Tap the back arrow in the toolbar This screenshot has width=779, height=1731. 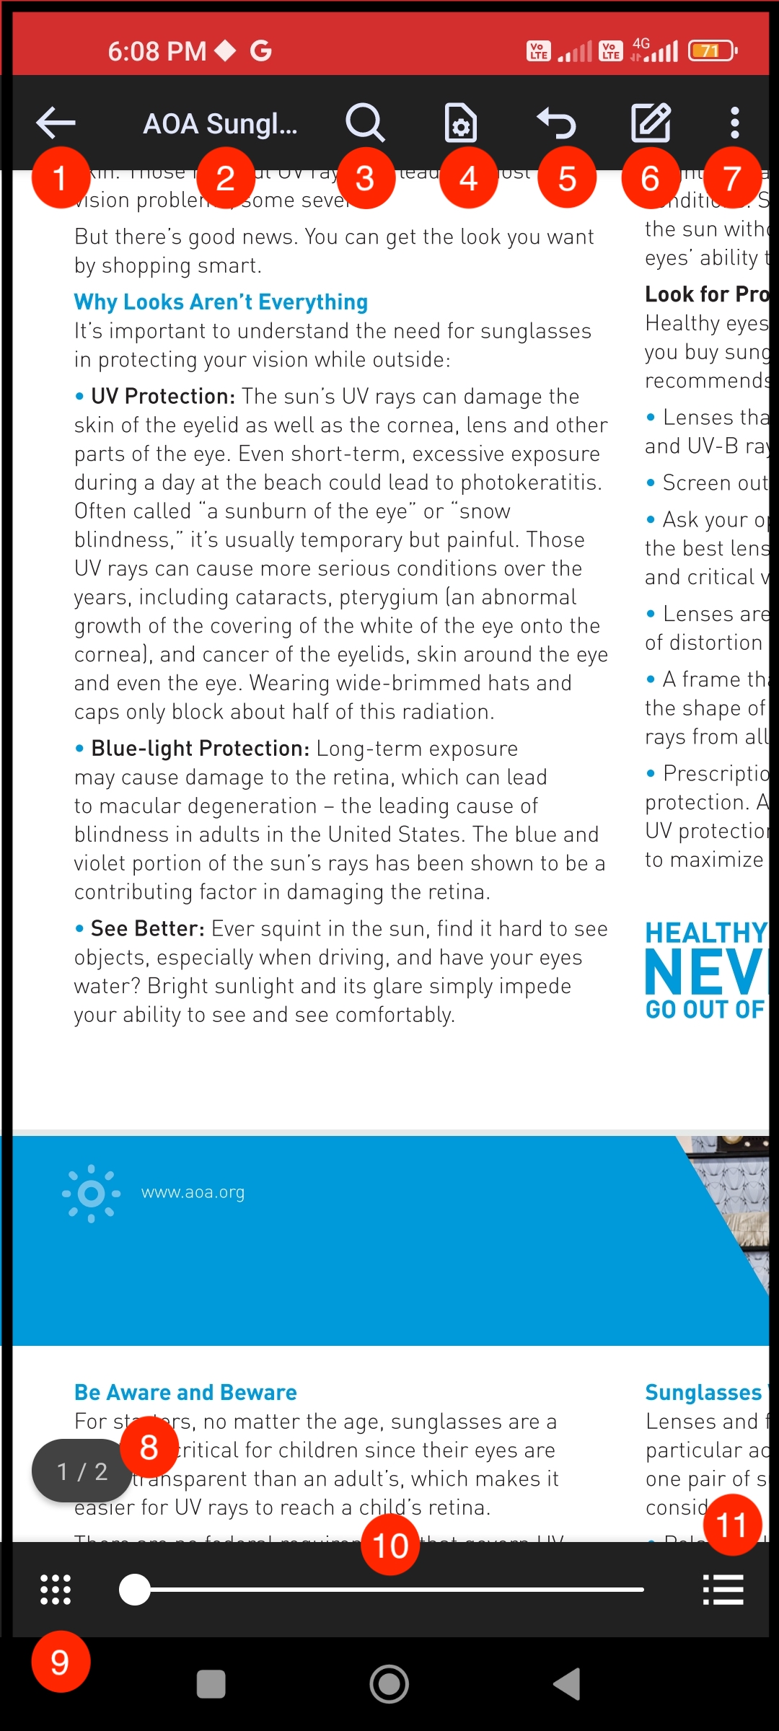[x=56, y=123]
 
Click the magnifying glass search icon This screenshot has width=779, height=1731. [x=365, y=123]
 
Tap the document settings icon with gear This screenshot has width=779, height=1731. [x=460, y=123]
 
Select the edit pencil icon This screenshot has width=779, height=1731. [x=651, y=123]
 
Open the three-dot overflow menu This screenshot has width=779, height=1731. [x=734, y=123]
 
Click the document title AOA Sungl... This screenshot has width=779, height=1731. [x=220, y=124]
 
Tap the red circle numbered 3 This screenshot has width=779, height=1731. [x=365, y=178]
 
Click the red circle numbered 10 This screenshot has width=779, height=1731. [x=390, y=1545]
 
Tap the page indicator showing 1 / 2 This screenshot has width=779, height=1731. [x=81, y=1471]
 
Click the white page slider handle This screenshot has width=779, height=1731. [x=135, y=1590]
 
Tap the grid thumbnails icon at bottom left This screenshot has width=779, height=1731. [x=56, y=1590]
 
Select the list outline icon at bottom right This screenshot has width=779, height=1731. [x=723, y=1590]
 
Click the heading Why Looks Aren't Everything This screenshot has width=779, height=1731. [x=221, y=301]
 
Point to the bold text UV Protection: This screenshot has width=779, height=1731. [x=163, y=396]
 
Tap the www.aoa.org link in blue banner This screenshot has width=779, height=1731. [x=193, y=1192]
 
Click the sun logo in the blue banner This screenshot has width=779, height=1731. [x=91, y=1194]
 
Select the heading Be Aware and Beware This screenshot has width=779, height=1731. [x=185, y=1392]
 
